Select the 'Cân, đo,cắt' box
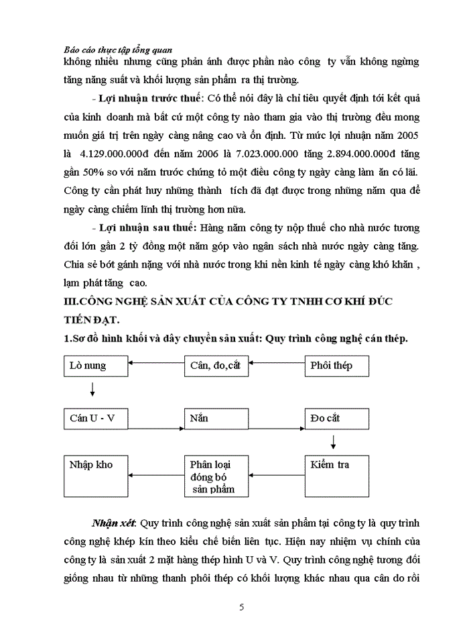pos(216,366)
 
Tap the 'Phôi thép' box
pos(337,366)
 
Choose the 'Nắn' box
pos(216,419)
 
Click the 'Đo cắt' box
pos(337,419)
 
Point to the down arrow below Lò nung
pos(92,390)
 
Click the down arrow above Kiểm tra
pos(333,442)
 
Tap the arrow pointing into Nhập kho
pos(156,476)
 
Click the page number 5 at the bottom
pos(241,608)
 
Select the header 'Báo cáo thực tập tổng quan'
pos(118,49)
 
